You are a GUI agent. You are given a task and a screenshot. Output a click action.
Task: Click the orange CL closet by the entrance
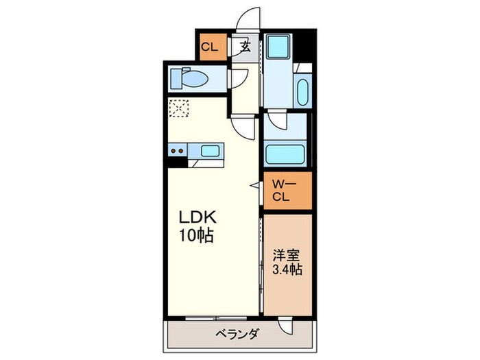[211, 47]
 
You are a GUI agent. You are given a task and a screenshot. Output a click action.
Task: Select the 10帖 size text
[197, 237]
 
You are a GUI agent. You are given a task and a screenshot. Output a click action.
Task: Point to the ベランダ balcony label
[237, 335]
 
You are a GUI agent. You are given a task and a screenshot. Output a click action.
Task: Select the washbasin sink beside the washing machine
[303, 91]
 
